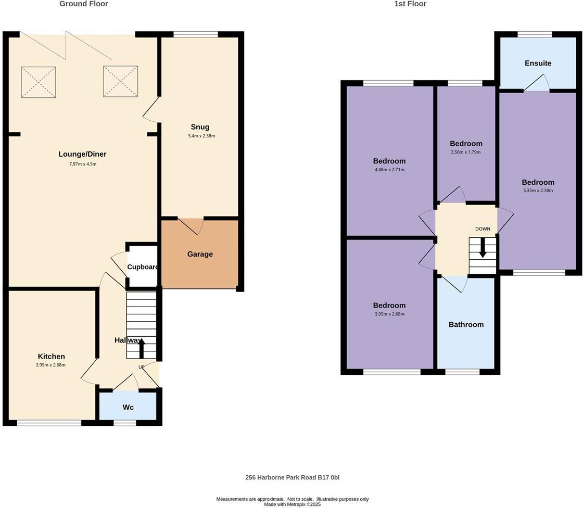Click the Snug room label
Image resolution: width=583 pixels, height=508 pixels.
click(200, 127)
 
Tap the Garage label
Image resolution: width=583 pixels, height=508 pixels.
click(200, 254)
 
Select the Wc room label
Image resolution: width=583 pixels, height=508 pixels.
click(128, 407)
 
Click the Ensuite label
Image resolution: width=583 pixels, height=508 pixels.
click(538, 63)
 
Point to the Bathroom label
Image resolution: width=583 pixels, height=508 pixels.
click(466, 324)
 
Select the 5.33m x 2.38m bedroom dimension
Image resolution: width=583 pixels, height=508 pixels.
click(538, 190)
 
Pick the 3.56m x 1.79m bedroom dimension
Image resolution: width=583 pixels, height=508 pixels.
click(465, 153)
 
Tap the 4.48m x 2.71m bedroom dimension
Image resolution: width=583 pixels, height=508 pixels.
click(389, 170)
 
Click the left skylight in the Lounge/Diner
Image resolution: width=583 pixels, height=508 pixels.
click(38, 82)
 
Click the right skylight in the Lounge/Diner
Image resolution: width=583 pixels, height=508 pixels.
click(120, 82)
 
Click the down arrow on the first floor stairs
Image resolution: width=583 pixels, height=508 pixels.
click(483, 248)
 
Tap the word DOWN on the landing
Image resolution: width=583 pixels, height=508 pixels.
click(483, 229)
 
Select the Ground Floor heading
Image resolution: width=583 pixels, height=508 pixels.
click(84, 4)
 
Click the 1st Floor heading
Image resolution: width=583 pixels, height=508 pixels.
click(410, 4)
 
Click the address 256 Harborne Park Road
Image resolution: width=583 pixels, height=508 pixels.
click(292, 477)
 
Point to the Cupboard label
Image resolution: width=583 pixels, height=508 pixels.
click(143, 267)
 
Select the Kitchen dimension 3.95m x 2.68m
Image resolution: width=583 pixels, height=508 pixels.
click(51, 365)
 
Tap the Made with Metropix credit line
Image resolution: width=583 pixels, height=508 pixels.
click(292, 504)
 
